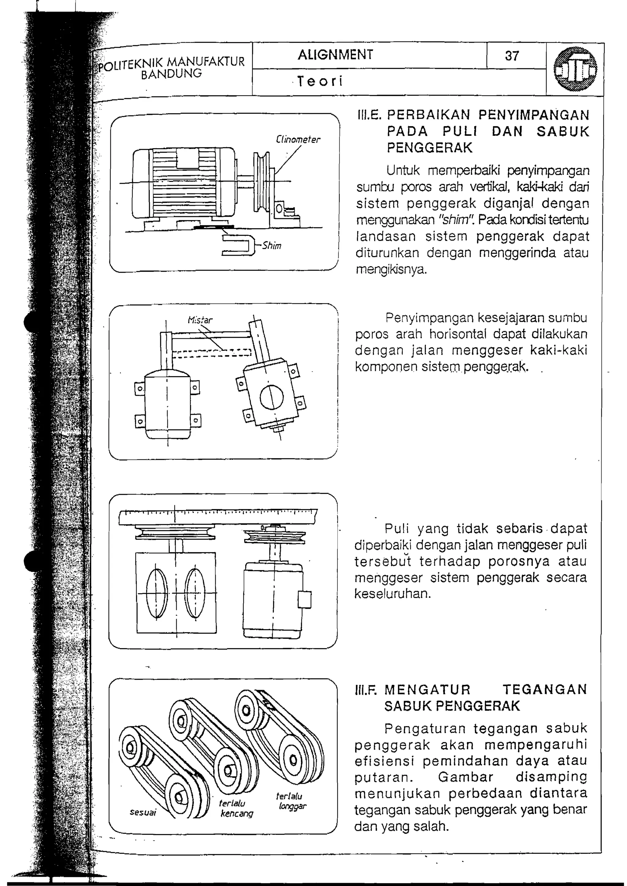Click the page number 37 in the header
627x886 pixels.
click(512, 56)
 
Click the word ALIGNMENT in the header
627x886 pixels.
click(335, 54)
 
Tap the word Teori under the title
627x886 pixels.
click(320, 81)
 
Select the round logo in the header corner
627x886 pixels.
click(575, 69)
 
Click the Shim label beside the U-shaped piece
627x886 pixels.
click(272, 246)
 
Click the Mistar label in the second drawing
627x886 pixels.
click(200, 320)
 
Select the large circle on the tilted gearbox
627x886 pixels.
click(272, 397)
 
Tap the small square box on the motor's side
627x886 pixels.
click(305, 599)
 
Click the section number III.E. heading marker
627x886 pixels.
click(369, 115)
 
